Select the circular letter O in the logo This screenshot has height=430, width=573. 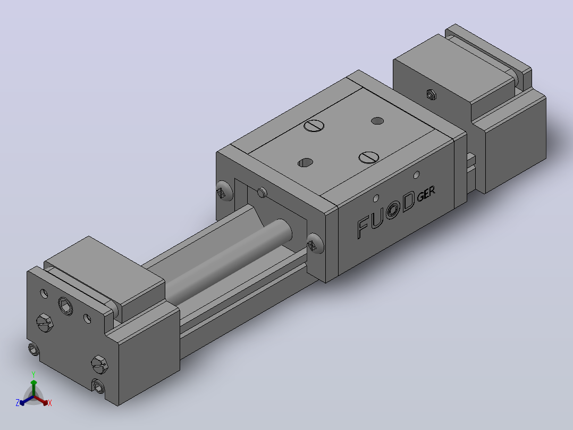(392, 210)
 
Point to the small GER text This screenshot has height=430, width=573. (426, 194)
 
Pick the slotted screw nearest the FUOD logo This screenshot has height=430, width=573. (369, 158)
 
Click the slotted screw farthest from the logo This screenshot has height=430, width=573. (314, 126)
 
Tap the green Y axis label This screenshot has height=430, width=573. (33, 375)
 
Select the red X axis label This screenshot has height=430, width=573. (50, 403)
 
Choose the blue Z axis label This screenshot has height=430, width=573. (17, 403)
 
